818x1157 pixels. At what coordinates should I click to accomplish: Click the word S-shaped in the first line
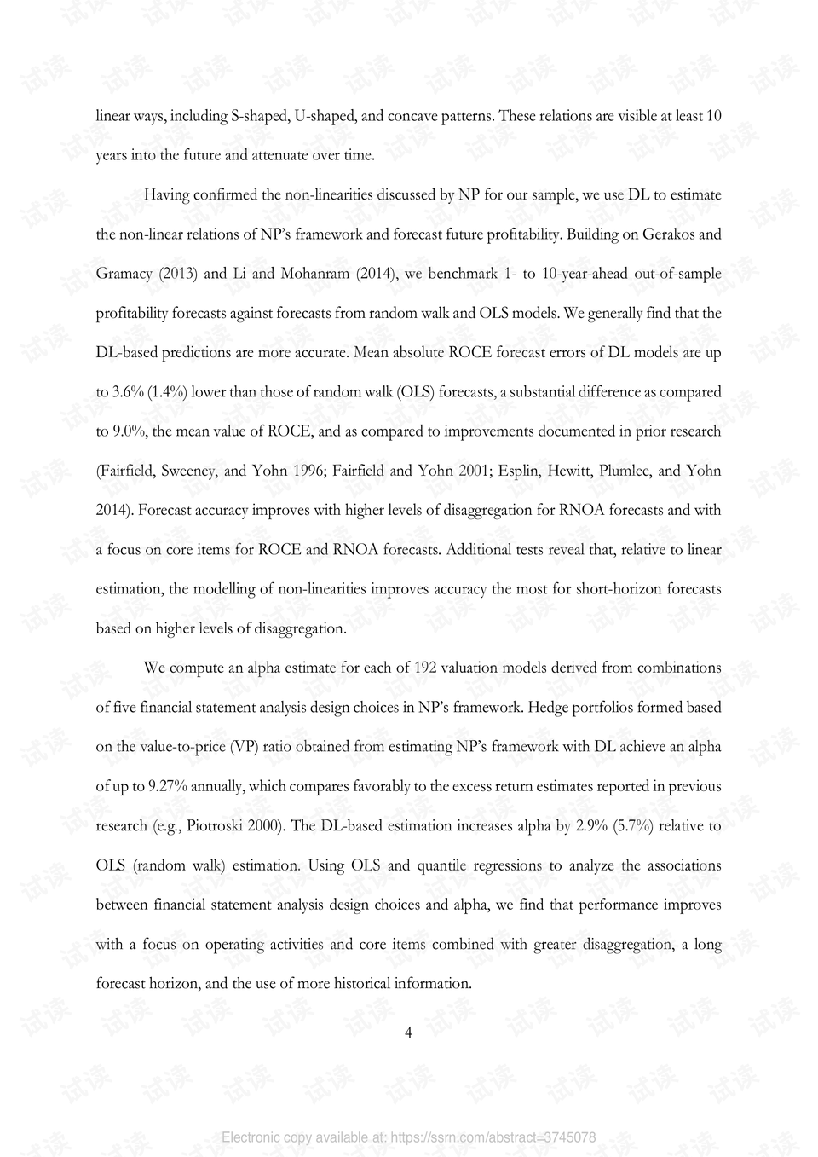pyautogui.click(x=259, y=116)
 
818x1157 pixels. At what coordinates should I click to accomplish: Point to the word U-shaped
pyautogui.click(x=325, y=116)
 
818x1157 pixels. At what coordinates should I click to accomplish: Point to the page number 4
pyautogui.click(x=408, y=1033)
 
